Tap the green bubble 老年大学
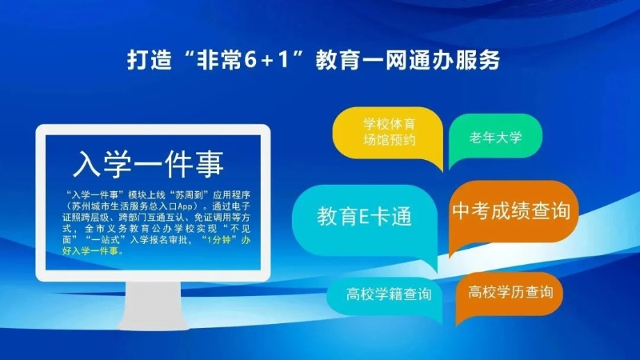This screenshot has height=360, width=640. [495, 137]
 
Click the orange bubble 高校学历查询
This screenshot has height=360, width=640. [510, 294]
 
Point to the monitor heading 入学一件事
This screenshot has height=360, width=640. [148, 164]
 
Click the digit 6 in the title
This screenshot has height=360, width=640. [250, 60]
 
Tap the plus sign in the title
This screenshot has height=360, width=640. [267, 62]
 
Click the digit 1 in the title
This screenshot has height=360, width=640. [283, 60]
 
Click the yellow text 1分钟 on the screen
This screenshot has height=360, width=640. [218, 240]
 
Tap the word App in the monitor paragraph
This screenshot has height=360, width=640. [185, 206]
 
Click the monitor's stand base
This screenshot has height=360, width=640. [154, 323]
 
